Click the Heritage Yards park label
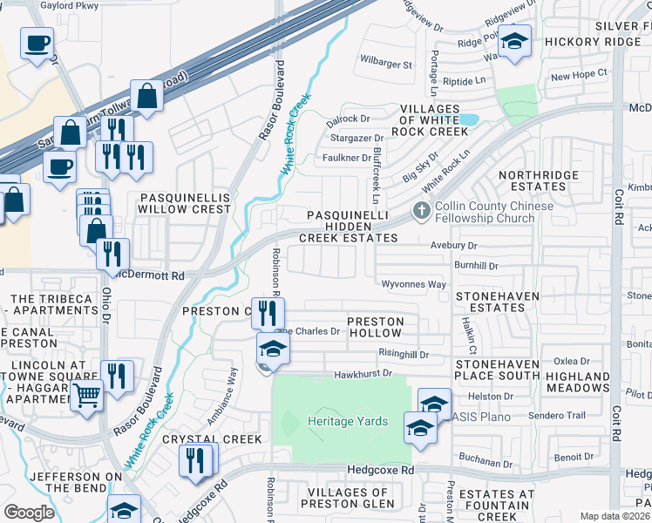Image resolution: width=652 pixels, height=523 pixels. click(347, 421)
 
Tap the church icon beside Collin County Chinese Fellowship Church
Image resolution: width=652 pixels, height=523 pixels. click(421, 211)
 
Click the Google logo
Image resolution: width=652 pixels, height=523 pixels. click(29, 513)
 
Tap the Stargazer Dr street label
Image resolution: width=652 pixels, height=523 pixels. click(356, 138)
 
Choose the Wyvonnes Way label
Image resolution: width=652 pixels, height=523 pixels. click(413, 284)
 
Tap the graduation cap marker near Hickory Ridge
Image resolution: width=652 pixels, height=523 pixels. click(514, 42)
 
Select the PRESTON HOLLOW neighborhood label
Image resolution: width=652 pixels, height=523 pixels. click(376, 328)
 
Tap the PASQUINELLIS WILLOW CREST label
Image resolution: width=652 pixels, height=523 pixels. click(185, 204)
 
